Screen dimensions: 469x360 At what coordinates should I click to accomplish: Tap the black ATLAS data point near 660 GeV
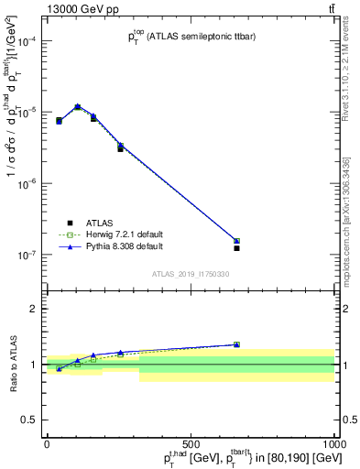tap(236, 248)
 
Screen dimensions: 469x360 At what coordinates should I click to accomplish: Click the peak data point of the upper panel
tap(78, 107)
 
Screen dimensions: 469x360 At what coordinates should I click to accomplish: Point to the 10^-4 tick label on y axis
tap(27, 41)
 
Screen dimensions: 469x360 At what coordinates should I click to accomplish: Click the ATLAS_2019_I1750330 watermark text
tap(190, 274)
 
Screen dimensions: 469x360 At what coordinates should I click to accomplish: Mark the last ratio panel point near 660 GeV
tap(236, 344)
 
